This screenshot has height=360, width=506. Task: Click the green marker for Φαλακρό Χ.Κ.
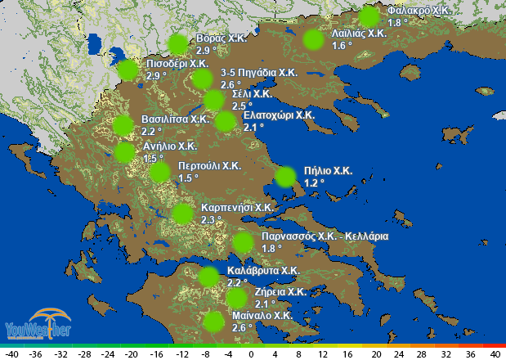(369, 16)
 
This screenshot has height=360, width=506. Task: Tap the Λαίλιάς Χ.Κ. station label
(359, 34)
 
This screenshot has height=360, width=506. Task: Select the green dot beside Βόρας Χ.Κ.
(177, 45)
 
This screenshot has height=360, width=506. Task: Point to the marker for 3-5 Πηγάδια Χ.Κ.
(202, 79)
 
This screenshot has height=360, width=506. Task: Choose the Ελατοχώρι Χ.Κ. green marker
(225, 121)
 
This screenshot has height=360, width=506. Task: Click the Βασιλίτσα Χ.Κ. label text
(175, 119)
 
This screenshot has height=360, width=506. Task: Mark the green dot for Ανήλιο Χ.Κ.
(124, 152)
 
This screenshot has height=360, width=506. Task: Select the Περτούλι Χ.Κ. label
(208, 165)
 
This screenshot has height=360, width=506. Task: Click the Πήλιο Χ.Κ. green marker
(285, 177)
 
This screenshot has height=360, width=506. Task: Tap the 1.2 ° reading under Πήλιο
(313, 182)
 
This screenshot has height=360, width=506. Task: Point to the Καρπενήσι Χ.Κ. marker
(183, 214)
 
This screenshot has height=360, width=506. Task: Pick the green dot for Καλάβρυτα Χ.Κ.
(208, 277)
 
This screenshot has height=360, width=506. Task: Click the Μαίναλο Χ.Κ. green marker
(213, 321)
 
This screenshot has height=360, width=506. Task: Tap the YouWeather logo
(38, 326)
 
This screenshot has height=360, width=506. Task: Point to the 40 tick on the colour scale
(495, 353)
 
